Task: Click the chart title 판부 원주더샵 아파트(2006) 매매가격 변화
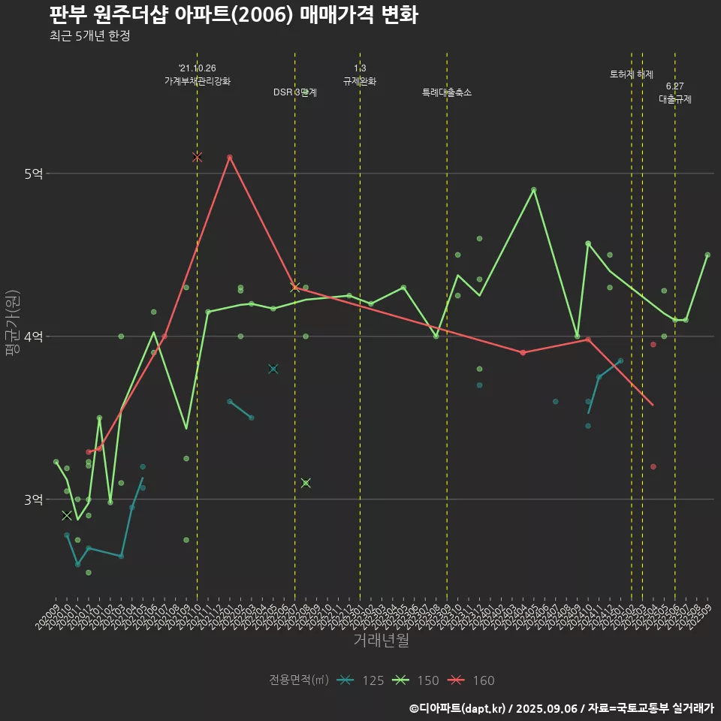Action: (233, 15)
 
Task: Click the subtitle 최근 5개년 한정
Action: (89, 36)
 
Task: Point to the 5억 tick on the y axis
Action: (34, 173)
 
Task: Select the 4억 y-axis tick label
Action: (34, 336)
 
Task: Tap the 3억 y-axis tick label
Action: (34, 499)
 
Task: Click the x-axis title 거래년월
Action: (381, 641)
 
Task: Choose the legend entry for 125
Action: (360, 680)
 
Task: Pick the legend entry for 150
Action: (415, 680)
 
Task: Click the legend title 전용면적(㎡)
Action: (299, 680)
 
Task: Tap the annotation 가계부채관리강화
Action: (198, 81)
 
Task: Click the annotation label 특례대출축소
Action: (447, 92)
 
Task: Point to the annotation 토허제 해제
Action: (632, 74)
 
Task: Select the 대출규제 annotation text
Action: (674, 98)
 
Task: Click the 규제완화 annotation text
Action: (360, 81)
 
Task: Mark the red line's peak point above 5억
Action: (230, 157)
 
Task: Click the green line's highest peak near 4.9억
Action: (534, 190)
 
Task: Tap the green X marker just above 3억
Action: (306, 483)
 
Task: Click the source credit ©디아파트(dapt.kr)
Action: (459, 707)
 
